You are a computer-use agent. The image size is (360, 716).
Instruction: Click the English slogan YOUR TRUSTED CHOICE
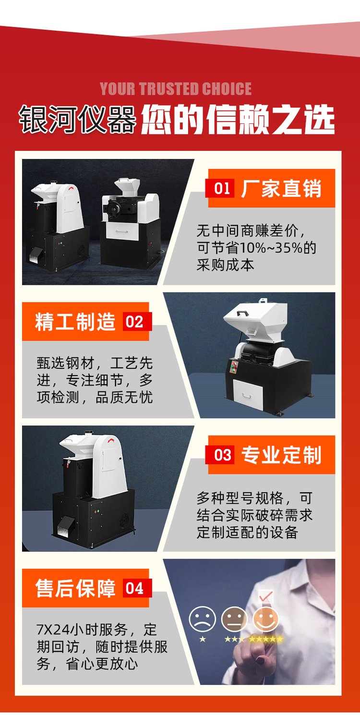click(x=176, y=89)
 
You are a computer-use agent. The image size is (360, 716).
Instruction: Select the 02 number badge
click(x=135, y=322)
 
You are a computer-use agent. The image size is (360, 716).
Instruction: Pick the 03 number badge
click(x=222, y=455)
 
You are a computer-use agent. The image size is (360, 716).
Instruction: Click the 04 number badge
click(x=135, y=588)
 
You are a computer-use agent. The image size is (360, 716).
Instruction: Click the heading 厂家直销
click(x=281, y=189)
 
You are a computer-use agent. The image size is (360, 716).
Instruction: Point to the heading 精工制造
click(x=75, y=322)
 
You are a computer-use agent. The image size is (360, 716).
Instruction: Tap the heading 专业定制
click(x=281, y=455)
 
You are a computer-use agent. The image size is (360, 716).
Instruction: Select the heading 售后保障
click(x=75, y=588)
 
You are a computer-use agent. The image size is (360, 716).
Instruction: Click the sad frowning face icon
click(x=202, y=619)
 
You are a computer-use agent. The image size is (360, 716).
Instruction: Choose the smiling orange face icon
click(x=266, y=619)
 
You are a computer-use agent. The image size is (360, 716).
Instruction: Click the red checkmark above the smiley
click(x=266, y=596)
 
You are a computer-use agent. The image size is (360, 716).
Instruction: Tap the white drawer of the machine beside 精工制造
click(x=248, y=395)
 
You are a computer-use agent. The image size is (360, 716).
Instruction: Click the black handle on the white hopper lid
click(x=243, y=313)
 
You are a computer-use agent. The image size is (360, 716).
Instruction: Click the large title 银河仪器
click(x=78, y=120)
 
